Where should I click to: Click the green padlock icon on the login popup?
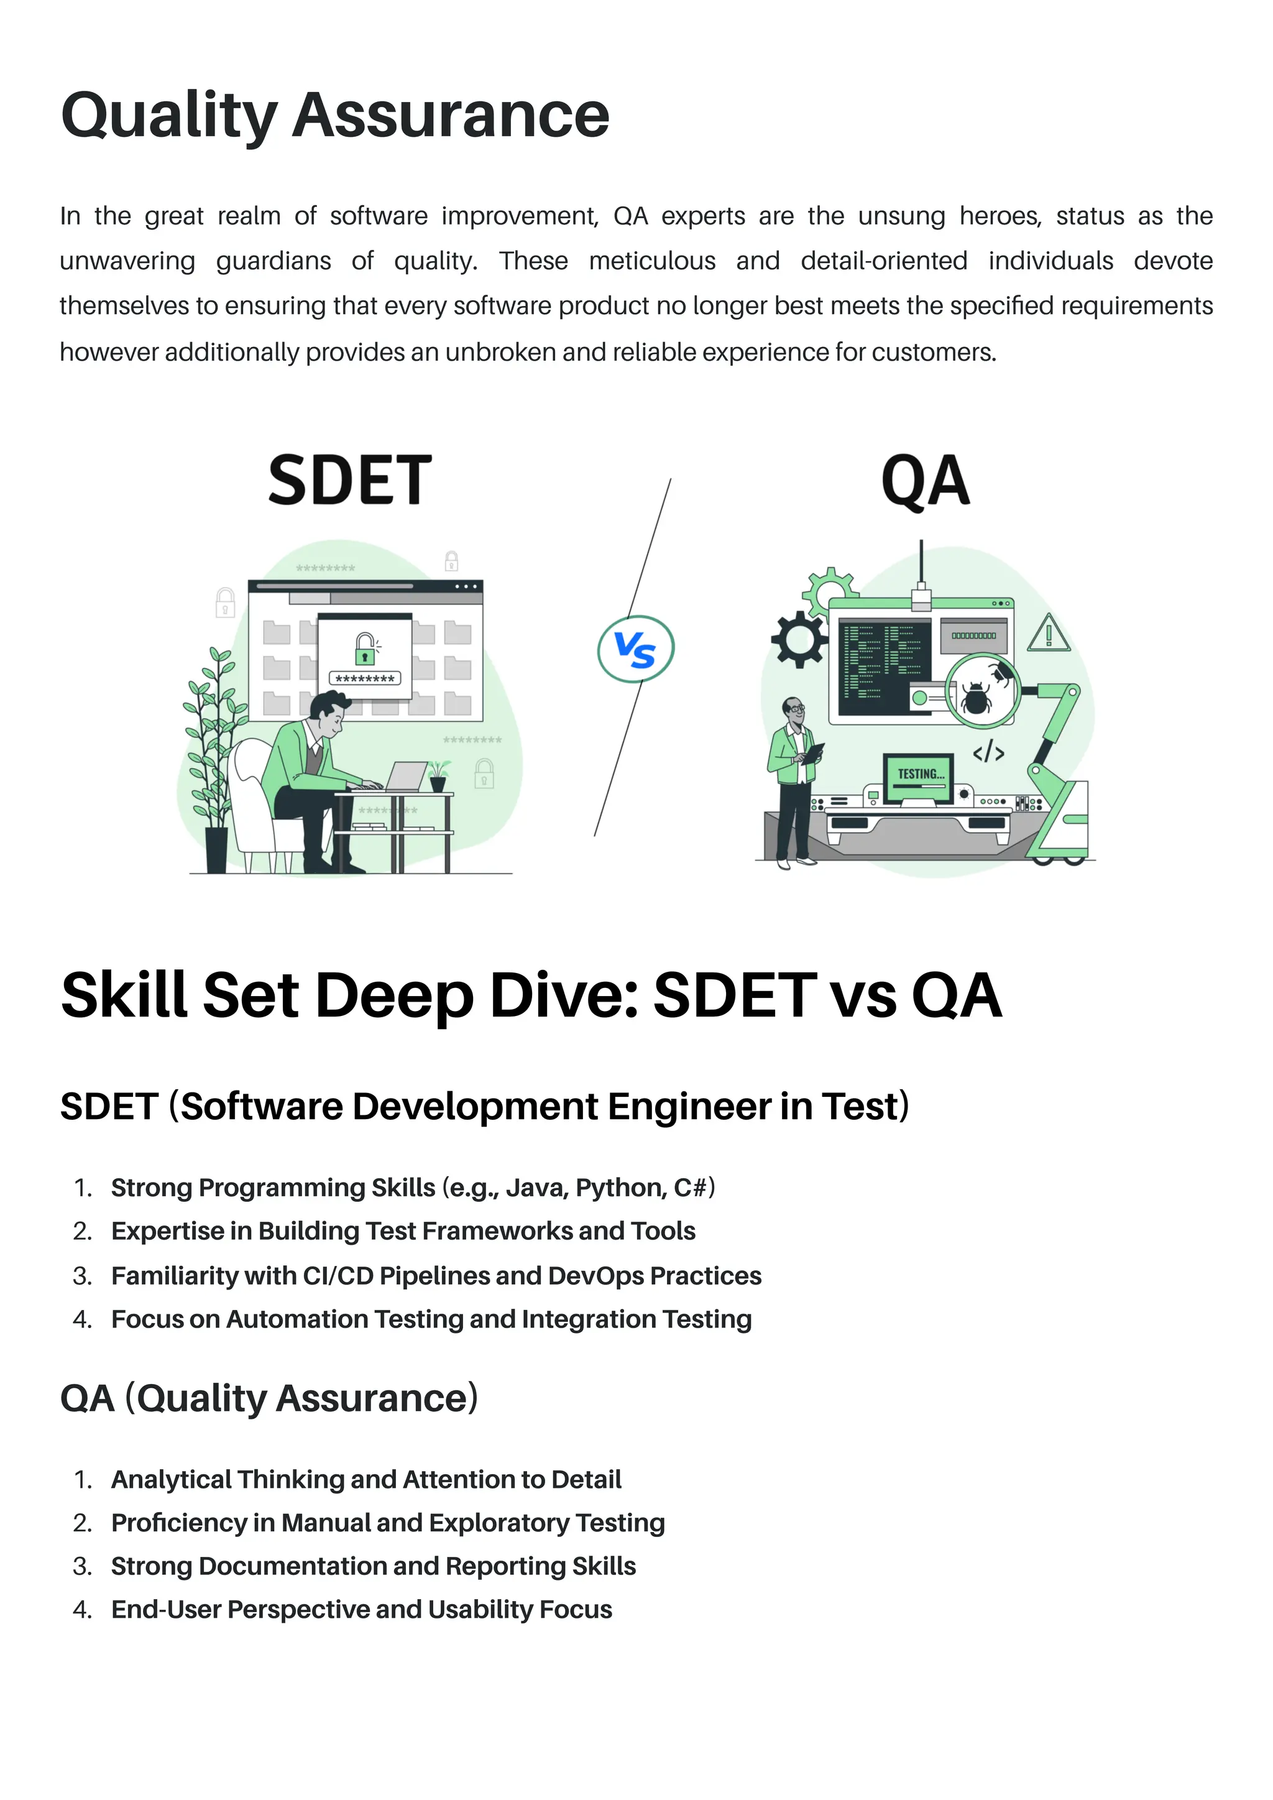pos(364,648)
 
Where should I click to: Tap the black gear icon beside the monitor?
pos(799,639)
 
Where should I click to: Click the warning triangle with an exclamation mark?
pos(1049,634)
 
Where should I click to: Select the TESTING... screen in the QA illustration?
pos(919,776)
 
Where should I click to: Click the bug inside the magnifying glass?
pos(977,697)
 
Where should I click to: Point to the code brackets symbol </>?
pos(988,752)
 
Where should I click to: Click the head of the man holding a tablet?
pos(794,710)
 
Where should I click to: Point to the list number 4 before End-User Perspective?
pos(81,1610)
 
